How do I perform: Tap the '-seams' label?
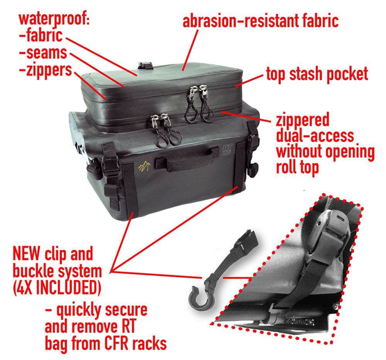43,53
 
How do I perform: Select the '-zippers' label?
45,71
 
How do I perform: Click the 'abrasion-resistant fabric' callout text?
261,21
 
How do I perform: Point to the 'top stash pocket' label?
317,74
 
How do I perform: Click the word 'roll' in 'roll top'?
290,168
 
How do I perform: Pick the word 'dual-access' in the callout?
315,136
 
